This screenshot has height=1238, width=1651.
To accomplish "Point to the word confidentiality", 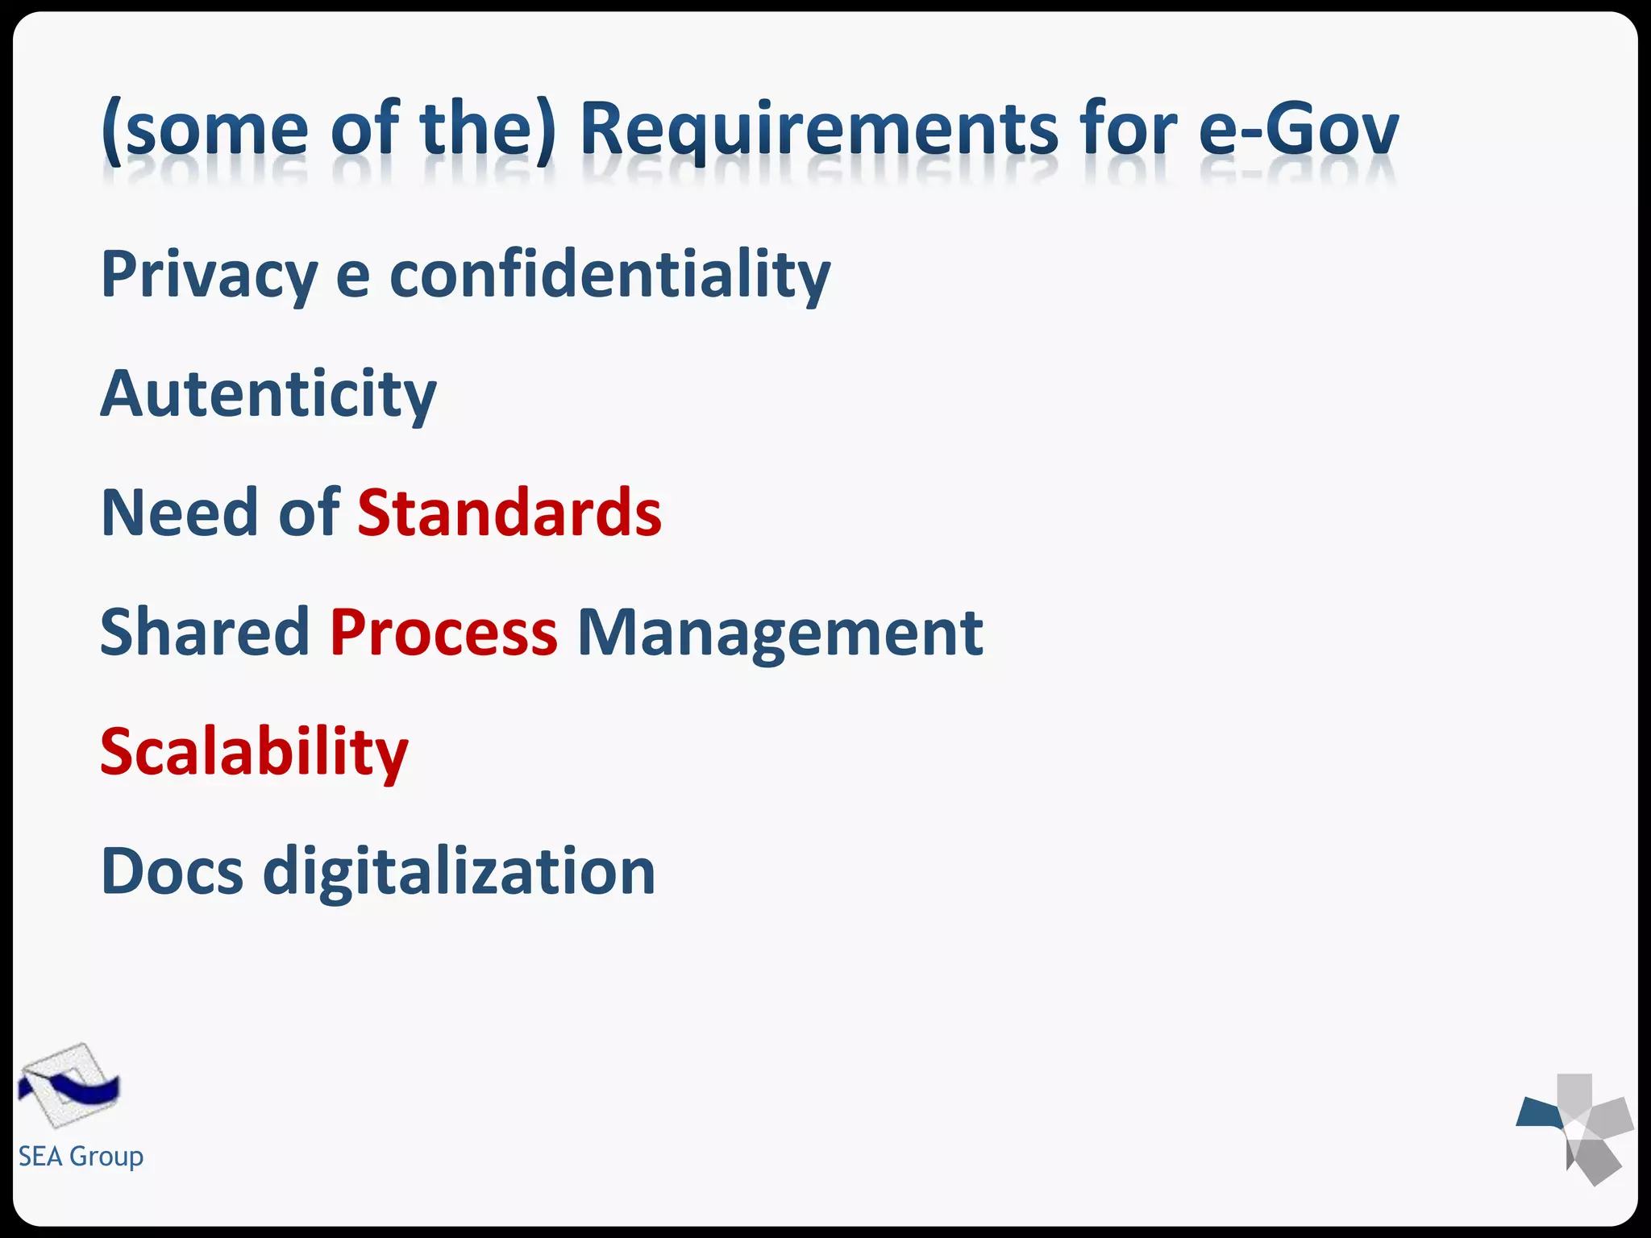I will coord(609,276).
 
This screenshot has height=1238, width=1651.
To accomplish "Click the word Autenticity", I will coord(268,395).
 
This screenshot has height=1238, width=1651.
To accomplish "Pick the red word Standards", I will coord(509,513).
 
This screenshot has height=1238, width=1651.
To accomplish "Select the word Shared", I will coord(205,632).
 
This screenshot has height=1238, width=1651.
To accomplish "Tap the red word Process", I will coord(443,632).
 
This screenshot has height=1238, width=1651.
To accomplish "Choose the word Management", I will coord(780,634).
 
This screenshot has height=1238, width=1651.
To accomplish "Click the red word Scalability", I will coord(254,753).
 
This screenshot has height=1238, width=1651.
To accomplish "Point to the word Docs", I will coord(172,871).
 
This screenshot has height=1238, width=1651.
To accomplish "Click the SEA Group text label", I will coord(81,1157).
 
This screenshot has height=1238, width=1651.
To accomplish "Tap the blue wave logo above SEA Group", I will coord(69,1086).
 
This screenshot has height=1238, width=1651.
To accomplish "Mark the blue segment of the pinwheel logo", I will coord(1539,1113).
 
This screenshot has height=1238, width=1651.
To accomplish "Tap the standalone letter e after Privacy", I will coord(353,276).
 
